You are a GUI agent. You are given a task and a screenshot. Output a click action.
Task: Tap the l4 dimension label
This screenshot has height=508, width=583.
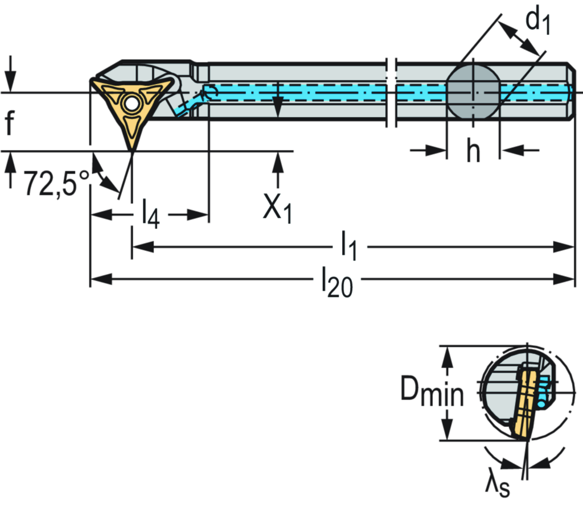(x=150, y=214)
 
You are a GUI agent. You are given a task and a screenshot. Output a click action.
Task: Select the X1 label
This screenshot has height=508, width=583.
(x=278, y=209)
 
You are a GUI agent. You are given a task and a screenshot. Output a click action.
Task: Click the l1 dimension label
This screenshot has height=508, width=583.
(x=350, y=247)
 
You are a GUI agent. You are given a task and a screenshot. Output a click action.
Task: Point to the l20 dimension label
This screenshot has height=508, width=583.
(x=336, y=280)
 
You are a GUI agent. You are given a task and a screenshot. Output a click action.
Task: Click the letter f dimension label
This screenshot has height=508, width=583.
(x=9, y=121)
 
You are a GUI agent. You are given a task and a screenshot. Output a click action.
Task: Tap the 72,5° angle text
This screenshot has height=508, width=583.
(x=57, y=183)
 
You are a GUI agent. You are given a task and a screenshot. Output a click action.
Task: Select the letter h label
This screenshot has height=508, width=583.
(x=473, y=150)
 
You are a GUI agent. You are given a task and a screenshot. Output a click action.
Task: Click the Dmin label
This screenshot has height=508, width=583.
(x=432, y=391)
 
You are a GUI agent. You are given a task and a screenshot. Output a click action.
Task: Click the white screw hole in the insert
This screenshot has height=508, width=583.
(x=132, y=104)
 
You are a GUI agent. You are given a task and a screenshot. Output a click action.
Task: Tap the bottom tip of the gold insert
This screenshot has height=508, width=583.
(x=132, y=147)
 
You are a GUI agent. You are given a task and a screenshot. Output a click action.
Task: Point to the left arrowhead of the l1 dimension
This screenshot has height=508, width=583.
(x=140, y=247)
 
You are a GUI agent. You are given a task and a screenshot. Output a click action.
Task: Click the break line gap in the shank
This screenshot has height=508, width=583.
(x=391, y=91)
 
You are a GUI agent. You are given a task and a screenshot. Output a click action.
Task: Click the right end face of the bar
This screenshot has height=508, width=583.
(x=572, y=91)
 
